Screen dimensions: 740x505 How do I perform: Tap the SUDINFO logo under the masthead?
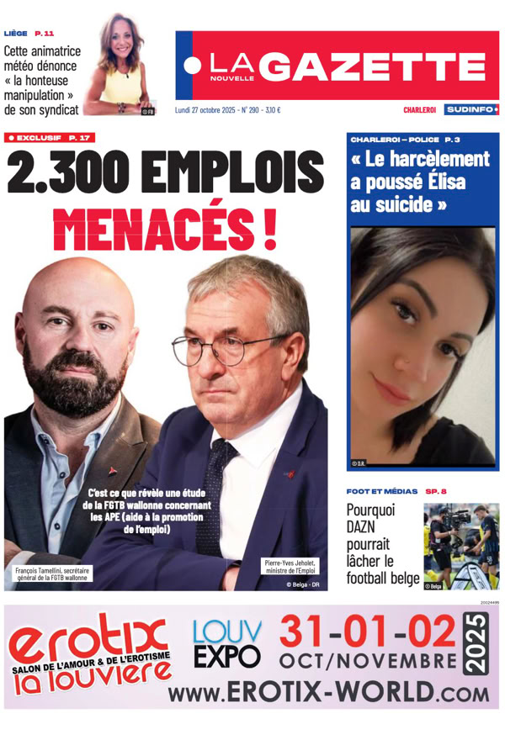coord(472,109)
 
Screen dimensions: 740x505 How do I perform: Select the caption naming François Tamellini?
coord(52,574)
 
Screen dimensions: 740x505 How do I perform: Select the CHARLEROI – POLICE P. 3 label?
coord(404,139)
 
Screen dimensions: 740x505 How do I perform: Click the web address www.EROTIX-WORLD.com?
coord(328,692)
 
